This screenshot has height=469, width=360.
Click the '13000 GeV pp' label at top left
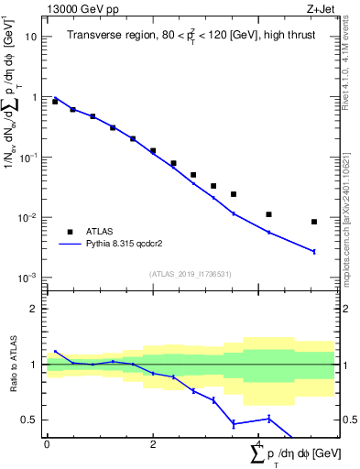80,9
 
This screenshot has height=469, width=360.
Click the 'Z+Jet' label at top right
321,9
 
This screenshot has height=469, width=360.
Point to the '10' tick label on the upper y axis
31,37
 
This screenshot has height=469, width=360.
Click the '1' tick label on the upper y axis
34,97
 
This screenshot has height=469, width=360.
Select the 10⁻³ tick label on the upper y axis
29,277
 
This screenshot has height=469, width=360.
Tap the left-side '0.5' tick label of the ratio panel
29,420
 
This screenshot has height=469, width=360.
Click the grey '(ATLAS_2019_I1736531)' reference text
190,273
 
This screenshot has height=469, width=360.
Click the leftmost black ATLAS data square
55,102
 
